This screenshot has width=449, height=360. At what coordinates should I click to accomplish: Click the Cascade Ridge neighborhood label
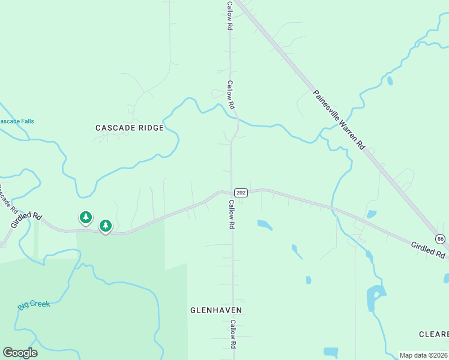(x=130, y=128)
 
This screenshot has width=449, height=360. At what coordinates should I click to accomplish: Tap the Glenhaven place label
(x=215, y=310)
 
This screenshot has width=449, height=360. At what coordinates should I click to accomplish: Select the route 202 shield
(x=241, y=192)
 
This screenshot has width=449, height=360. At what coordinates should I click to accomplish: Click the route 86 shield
(x=441, y=239)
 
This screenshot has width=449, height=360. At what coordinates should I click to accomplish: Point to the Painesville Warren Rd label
(x=339, y=120)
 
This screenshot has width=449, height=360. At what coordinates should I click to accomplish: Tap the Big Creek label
(x=34, y=304)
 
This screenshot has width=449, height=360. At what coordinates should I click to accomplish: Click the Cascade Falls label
(x=17, y=121)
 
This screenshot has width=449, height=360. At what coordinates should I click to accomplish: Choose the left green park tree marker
(x=86, y=217)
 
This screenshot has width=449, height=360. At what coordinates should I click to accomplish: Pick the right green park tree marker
(x=106, y=225)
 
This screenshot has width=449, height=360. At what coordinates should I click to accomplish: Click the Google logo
(x=20, y=353)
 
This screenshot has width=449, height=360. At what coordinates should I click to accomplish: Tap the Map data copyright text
(x=424, y=355)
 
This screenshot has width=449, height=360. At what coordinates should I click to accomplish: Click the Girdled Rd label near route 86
(x=429, y=250)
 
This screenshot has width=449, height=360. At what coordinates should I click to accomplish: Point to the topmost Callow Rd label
(x=229, y=15)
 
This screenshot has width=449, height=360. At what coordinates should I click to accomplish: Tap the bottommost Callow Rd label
(x=232, y=334)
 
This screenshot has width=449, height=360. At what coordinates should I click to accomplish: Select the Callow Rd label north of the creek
(x=231, y=95)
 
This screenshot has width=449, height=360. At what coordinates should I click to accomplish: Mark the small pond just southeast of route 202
(x=264, y=225)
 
